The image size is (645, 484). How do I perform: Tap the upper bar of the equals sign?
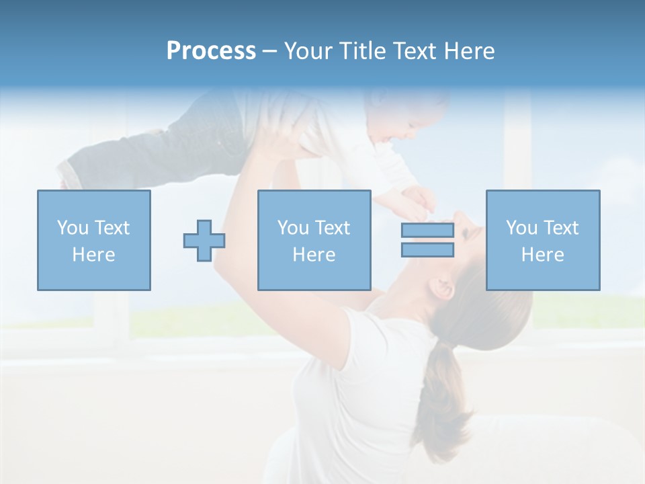(427, 231)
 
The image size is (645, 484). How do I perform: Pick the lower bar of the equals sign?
(427, 250)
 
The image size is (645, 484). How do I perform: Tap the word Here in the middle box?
(314, 255)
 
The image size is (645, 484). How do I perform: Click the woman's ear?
(443, 289)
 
